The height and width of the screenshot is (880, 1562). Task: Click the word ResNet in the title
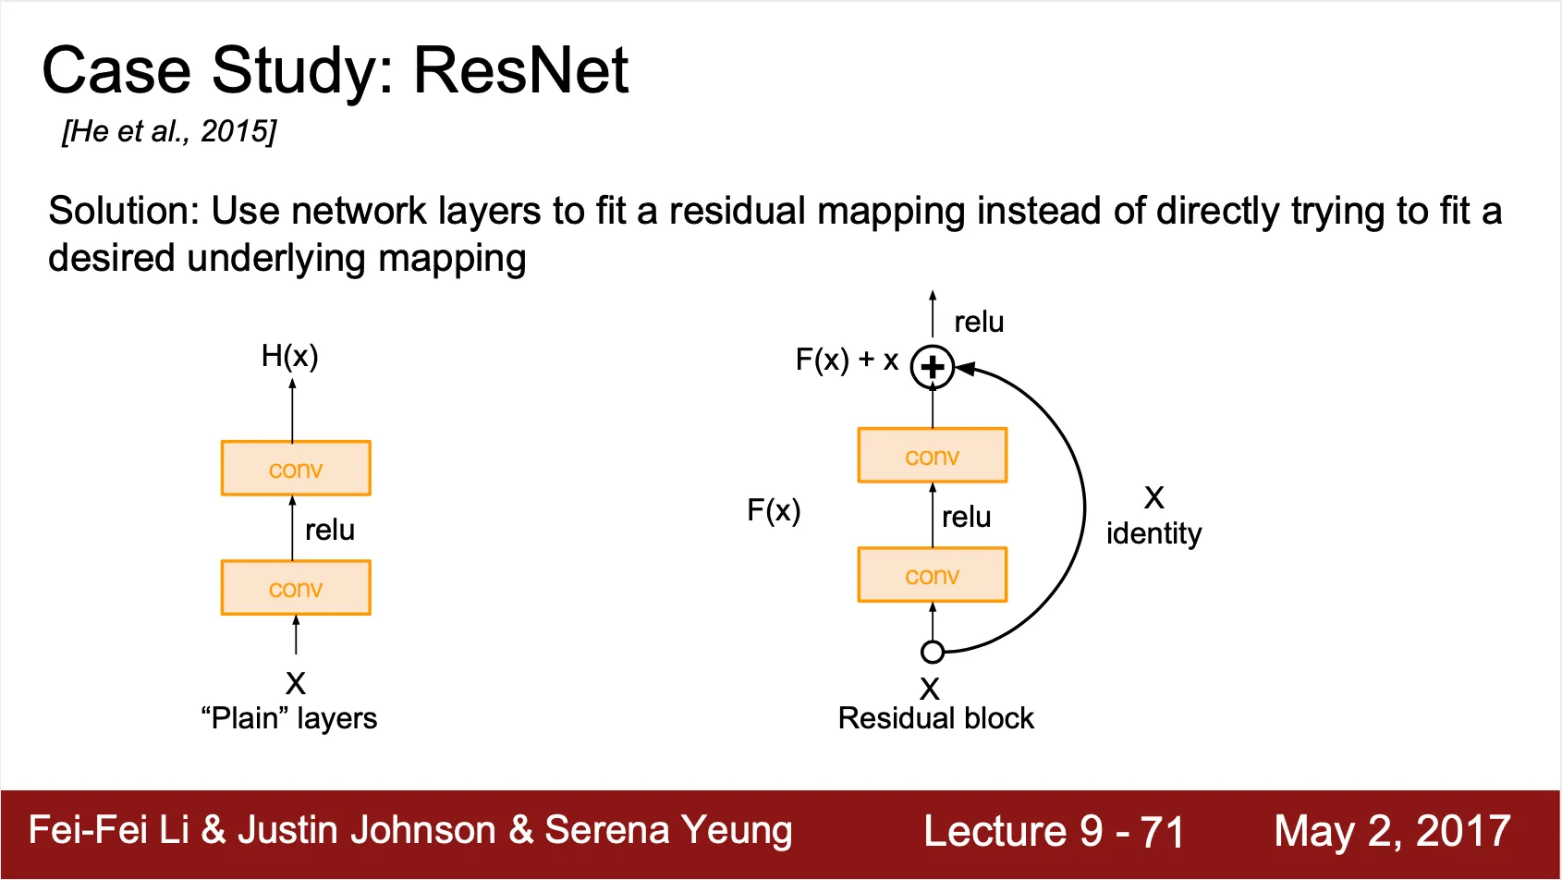click(520, 70)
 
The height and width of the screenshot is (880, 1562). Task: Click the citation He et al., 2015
click(169, 131)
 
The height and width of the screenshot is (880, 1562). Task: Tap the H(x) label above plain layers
click(289, 356)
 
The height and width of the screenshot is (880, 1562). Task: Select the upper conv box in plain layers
click(296, 469)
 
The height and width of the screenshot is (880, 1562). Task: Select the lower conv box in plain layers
click(296, 588)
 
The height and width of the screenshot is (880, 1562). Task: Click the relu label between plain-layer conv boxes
click(330, 530)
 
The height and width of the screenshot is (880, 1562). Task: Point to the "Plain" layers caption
click(289, 718)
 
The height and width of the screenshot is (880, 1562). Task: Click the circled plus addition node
click(932, 367)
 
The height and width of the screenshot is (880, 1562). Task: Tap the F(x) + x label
click(847, 360)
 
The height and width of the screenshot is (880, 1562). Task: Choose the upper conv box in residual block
click(932, 456)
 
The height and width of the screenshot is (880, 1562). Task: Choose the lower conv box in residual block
click(932, 575)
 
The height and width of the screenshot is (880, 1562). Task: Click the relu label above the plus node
click(979, 322)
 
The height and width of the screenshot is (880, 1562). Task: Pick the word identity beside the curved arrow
click(1153, 533)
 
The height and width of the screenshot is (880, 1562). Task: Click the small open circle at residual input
click(933, 653)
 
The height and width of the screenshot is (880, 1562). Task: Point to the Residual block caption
click(935, 718)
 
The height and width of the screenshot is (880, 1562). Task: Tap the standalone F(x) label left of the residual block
click(774, 510)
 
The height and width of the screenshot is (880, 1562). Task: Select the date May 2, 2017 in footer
click(1392, 830)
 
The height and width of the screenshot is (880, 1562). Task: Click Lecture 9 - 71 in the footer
click(1054, 830)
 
